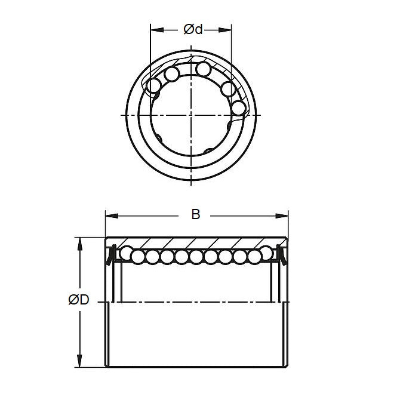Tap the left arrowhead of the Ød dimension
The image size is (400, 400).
[x=153, y=28]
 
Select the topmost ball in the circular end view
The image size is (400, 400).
[x=204, y=70]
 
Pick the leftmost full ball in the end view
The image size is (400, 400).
[x=154, y=86]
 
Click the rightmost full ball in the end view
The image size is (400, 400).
[x=238, y=108]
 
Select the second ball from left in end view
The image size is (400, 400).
[x=172, y=74]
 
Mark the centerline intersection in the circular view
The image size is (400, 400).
[x=191, y=113]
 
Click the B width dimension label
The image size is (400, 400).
[x=196, y=214]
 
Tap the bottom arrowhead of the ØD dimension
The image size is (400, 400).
[x=79, y=364]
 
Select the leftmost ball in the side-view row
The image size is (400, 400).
[x=126, y=256]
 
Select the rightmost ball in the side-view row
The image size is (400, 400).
[x=270, y=256]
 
